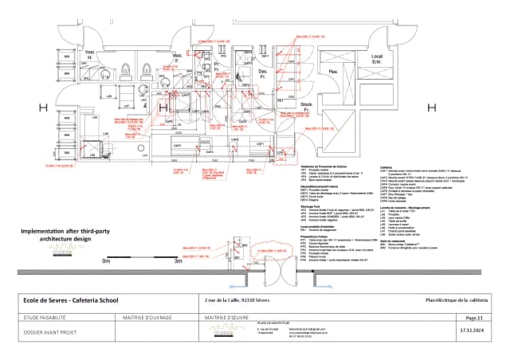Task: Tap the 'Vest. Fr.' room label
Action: click(x=177, y=58)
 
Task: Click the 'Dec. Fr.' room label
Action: click(x=262, y=73)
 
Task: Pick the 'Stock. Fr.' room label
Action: click(x=306, y=106)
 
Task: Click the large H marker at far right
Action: click(x=431, y=107)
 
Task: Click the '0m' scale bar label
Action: click(x=107, y=260)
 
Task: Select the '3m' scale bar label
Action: click(x=179, y=260)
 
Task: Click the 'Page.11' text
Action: click(x=477, y=316)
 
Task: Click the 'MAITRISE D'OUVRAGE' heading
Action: click(x=148, y=316)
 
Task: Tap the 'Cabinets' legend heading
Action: click(x=387, y=167)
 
